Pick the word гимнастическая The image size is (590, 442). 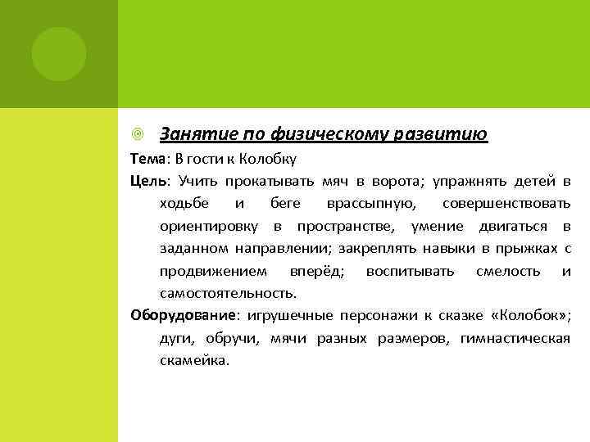515,337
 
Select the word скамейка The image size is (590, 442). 195,359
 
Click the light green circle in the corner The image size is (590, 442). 58,53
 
